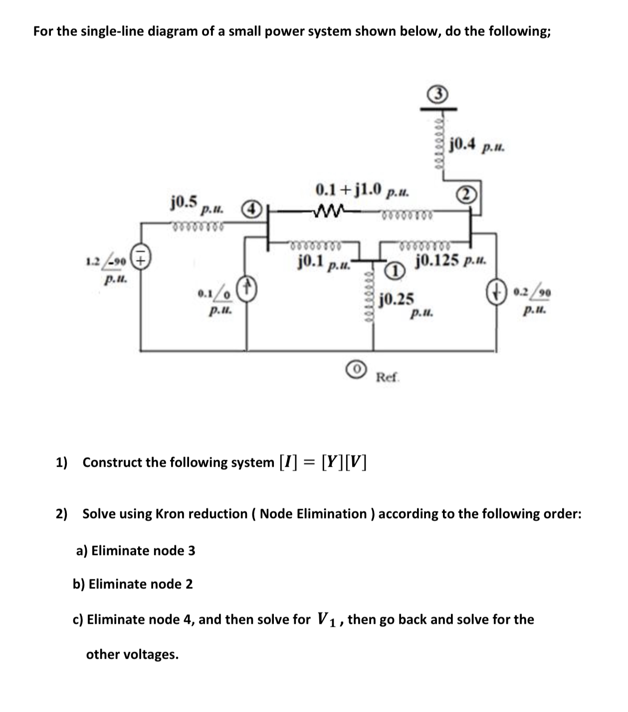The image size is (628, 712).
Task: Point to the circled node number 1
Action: point(395,271)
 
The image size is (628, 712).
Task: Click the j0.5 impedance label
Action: point(184,202)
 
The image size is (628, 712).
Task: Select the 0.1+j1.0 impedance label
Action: point(349,189)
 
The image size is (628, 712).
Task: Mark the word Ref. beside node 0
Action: point(388,377)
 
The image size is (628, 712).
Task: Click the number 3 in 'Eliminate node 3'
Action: point(191,550)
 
